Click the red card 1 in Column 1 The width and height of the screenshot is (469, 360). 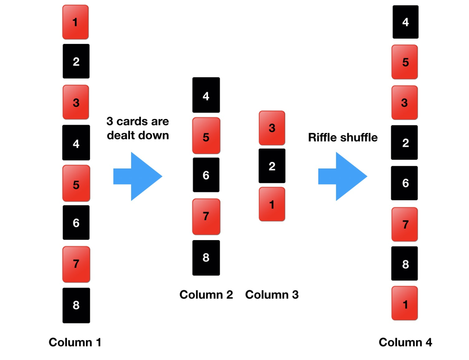pyautogui.click(x=76, y=22)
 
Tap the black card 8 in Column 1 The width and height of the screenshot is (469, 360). pyautogui.click(x=76, y=305)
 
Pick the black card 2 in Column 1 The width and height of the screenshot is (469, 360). pyautogui.click(x=76, y=61)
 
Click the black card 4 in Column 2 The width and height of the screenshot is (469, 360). pyautogui.click(x=206, y=95)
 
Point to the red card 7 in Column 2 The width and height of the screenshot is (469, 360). pyautogui.click(x=206, y=216)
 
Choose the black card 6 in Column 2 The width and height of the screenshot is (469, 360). pyautogui.click(x=206, y=175)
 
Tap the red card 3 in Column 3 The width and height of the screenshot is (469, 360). pyautogui.click(x=272, y=128)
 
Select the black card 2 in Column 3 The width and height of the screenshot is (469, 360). pyautogui.click(x=272, y=166)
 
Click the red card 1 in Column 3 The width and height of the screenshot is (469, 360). pyautogui.click(x=272, y=204)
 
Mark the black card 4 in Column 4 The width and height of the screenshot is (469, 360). pyautogui.click(x=406, y=22)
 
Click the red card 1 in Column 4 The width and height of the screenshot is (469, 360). pyautogui.click(x=405, y=304)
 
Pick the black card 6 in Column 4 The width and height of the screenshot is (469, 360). pyautogui.click(x=405, y=183)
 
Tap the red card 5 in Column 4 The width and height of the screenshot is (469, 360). pyautogui.click(x=405, y=62)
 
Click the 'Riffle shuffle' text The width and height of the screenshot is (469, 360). pyautogui.click(x=343, y=138)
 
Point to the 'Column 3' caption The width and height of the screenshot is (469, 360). pyautogui.click(x=272, y=295)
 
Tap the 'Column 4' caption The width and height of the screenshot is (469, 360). pyautogui.click(x=405, y=342)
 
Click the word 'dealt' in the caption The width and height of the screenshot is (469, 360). pyautogui.click(x=122, y=135)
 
